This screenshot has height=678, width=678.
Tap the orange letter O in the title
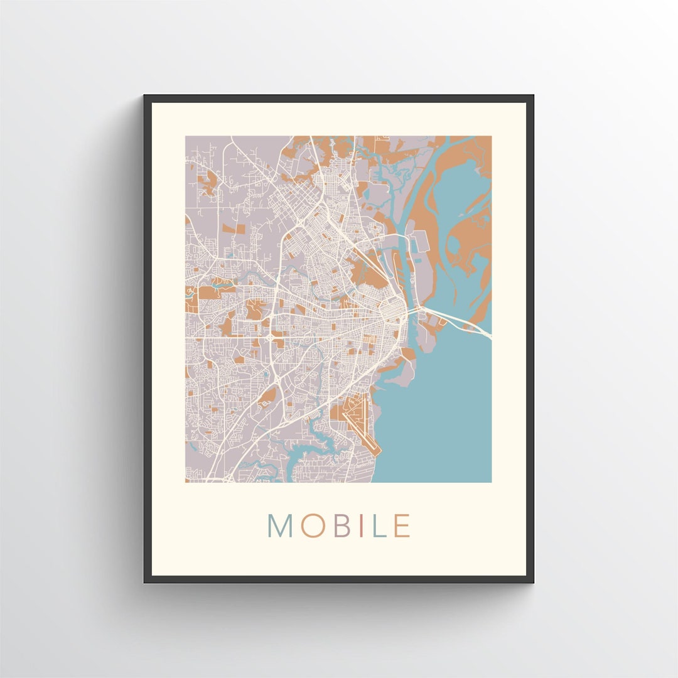(312, 526)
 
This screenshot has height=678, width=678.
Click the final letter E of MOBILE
(402, 526)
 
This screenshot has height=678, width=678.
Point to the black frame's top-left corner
(146, 97)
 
